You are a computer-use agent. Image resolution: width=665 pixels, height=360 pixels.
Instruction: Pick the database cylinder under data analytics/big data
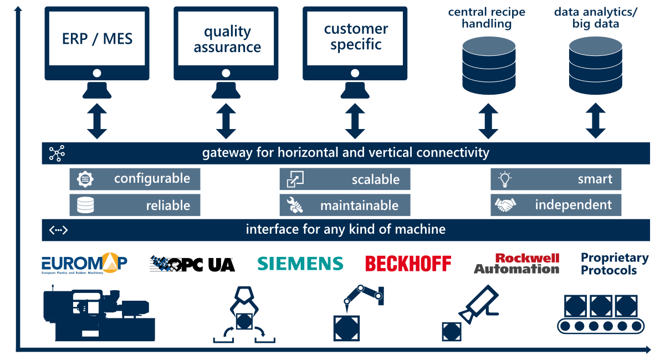tap(596, 65)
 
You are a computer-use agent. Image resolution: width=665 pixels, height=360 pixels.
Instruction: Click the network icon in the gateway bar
tap(57, 153)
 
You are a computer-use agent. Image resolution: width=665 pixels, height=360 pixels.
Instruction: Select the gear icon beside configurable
tap(85, 179)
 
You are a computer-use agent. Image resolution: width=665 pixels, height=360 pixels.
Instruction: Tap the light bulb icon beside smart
tap(505, 179)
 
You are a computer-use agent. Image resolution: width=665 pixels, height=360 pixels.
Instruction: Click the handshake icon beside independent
tap(505, 205)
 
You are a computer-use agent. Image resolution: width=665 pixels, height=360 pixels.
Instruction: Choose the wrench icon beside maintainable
tap(295, 205)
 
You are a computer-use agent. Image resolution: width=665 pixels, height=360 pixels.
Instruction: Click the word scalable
tap(375, 179)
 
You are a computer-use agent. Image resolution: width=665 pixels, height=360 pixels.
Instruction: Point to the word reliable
tap(168, 205)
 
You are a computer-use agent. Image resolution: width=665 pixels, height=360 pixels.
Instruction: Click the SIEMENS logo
tap(300, 264)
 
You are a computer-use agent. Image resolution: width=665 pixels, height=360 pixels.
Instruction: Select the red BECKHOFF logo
tap(408, 264)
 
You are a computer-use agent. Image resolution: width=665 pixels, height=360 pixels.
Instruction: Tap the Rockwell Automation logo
tap(516, 264)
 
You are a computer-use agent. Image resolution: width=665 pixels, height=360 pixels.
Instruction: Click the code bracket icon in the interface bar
tap(58, 230)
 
